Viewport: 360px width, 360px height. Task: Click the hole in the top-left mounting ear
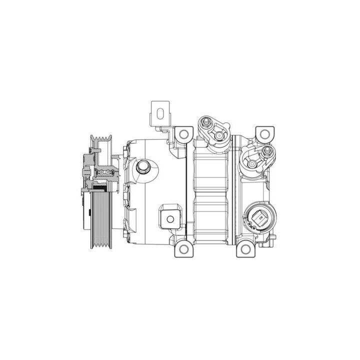coord(183,134)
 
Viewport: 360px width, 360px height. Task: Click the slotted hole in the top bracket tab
coord(160,112)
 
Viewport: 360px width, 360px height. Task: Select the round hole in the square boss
coord(169,217)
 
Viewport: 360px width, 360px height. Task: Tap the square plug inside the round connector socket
coord(259,219)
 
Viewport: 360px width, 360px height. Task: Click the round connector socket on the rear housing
coord(259,219)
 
